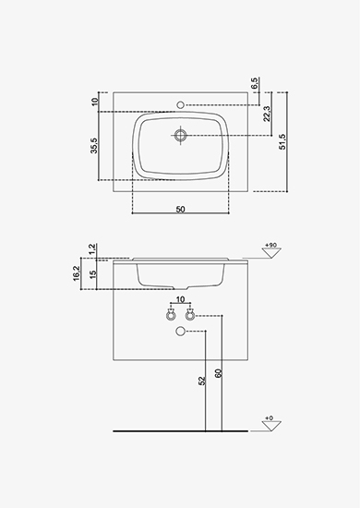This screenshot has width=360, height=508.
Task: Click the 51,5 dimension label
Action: tap(282, 141)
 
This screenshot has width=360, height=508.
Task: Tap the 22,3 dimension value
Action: tap(267, 114)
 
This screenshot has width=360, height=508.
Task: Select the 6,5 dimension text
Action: tap(255, 83)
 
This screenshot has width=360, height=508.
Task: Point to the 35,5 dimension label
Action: tap(94, 145)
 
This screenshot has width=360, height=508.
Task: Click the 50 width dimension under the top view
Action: tap(180, 210)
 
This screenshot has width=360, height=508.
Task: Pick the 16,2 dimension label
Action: tap(77, 273)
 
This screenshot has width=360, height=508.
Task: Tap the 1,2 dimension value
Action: tap(92, 248)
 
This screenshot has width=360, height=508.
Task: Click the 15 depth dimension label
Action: tap(93, 274)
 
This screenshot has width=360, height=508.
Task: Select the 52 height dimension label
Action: tap(202, 381)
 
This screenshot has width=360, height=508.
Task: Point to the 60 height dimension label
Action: tap(218, 373)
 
